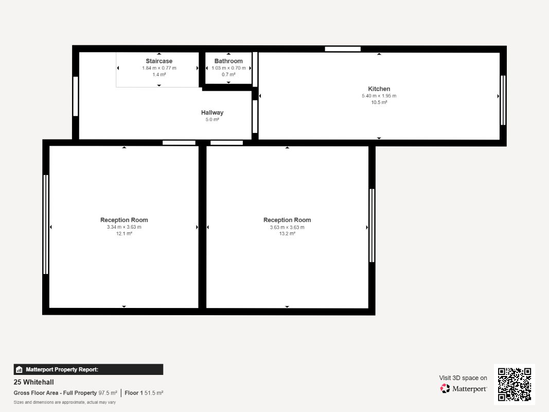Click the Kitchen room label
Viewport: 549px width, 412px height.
(x=379, y=89)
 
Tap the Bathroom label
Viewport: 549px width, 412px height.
(x=228, y=61)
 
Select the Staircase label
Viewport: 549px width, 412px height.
(x=159, y=61)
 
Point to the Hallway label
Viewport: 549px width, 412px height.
(x=212, y=112)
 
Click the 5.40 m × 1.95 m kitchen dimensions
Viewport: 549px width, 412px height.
(x=379, y=96)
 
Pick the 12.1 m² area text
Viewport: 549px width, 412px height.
(x=124, y=233)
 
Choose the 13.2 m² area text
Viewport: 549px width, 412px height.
(x=287, y=233)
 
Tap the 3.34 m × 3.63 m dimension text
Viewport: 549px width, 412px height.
(x=124, y=227)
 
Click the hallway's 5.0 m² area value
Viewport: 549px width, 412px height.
(x=212, y=119)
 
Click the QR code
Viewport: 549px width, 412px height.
(x=515, y=384)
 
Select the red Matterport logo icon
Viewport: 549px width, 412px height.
(x=445, y=388)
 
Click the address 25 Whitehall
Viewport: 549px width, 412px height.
(x=33, y=382)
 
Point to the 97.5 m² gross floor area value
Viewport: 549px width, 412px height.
(x=108, y=393)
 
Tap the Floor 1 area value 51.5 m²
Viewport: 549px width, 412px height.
(x=154, y=393)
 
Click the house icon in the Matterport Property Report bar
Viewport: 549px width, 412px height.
(x=19, y=370)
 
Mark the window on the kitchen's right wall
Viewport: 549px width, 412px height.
(x=503, y=100)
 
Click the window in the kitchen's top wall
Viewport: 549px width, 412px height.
(x=343, y=49)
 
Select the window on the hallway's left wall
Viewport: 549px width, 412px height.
(x=76, y=96)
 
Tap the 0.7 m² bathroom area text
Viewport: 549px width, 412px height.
(x=228, y=74)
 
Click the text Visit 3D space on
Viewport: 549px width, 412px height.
(x=463, y=378)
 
